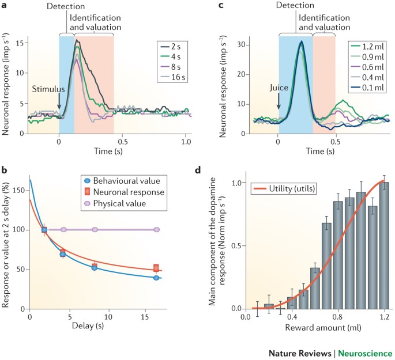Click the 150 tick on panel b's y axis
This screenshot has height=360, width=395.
[x=20, y=188]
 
